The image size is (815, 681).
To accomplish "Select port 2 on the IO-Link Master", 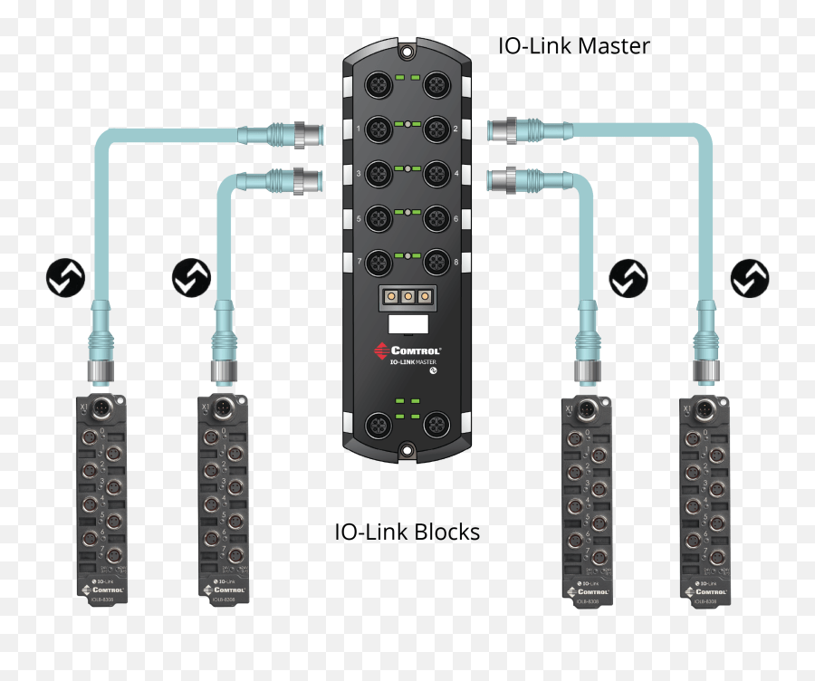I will pyautogui.click(x=438, y=130).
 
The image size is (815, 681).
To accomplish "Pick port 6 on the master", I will pyautogui.click(x=438, y=218).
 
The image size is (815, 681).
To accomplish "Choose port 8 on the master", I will pyautogui.click(x=438, y=263).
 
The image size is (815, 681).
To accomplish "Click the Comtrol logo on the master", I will pyautogui.click(x=408, y=350).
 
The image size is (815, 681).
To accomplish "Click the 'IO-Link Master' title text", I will pyautogui.click(x=573, y=45).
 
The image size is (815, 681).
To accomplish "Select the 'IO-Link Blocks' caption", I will pyautogui.click(x=407, y=532).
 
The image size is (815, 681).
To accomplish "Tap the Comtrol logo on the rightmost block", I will pyautogui.click(x=709, y=591).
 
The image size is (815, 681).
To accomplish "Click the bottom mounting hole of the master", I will pyautogui.click(x=408, y=448).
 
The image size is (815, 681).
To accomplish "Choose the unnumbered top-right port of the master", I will pyautogui.click(x=438, y=86).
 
